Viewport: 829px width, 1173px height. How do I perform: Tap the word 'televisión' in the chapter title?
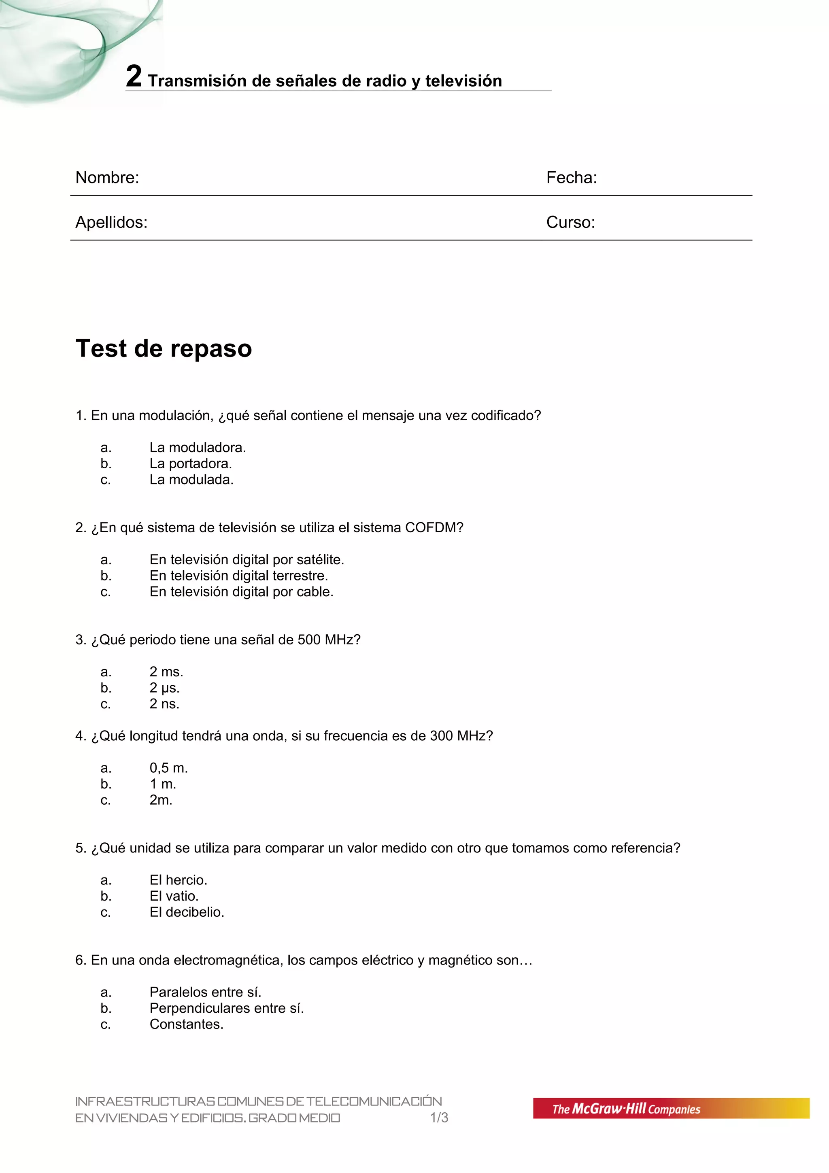(463, 81)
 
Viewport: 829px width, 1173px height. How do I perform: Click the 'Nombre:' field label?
(107, 177)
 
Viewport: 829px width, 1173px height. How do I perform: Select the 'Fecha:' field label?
(571, 177)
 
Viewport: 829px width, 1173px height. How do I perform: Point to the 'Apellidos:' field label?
(111, 222)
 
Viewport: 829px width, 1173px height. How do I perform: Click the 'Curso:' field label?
(570, 222)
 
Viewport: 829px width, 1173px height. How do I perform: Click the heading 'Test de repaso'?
(164, 348)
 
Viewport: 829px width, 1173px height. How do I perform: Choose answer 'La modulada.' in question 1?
(191, 480)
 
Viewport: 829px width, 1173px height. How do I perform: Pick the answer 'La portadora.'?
(191, 463)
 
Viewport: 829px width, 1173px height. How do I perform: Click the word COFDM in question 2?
(434, 528)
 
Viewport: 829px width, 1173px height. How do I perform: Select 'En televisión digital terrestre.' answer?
(238, 576)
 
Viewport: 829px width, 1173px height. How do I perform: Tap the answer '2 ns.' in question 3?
(164, 704)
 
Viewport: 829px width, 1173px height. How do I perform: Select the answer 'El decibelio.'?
(187, 912)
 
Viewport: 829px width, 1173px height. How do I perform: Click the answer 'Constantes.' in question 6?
(187, 1024)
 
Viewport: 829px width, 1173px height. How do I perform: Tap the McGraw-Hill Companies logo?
(670, 1108)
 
